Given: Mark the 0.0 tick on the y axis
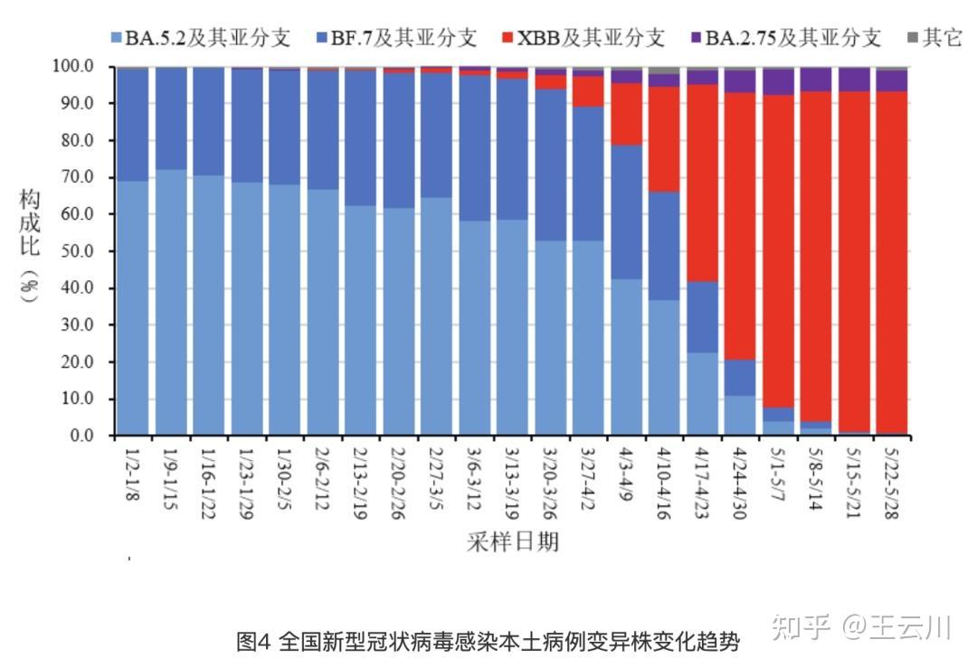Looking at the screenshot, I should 83,436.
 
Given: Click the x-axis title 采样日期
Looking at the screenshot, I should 512,541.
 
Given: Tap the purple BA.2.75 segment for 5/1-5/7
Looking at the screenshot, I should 778,81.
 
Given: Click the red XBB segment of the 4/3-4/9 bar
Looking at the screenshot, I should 627,114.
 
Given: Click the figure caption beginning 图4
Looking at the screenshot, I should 488,643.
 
